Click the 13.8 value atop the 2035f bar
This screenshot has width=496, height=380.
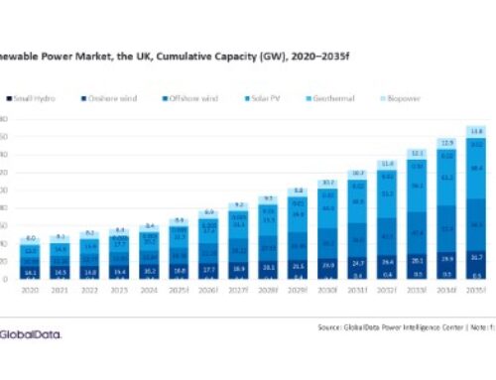pyautogui.click(x=477, y=131)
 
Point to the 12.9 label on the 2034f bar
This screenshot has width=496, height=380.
pyautogui.click(x=447, y=143)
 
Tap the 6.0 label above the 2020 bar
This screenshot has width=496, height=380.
pyautogui.click(x=32, y=238)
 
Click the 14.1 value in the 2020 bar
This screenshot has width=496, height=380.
pyautogui.click(x=32, y=271)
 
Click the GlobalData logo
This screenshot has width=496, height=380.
pyautogui.click(x=29, y=333)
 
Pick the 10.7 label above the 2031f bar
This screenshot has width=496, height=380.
pyautogui.click(x=358, y=173)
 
